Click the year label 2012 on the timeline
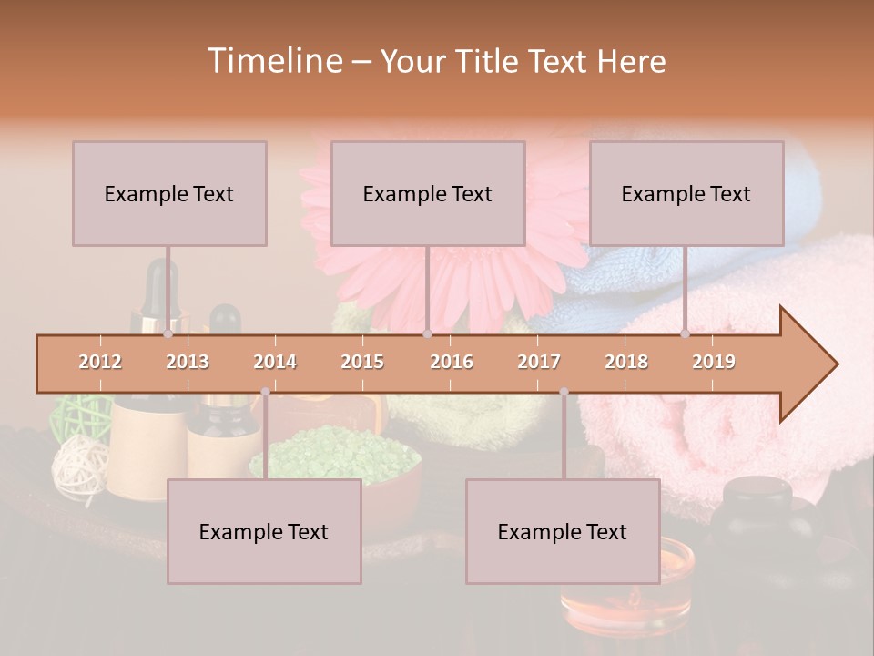(100, 362)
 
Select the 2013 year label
(188, 362)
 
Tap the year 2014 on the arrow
(275, 362)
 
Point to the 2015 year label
(362, 362)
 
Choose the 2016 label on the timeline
(452, 362)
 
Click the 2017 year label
(539, 362)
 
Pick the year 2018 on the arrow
(626, 362)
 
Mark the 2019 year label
(714, 362)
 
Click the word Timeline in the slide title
(272, 61)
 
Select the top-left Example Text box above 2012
(169, 193)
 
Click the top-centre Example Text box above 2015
(428, 193)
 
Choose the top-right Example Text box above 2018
(686, 193)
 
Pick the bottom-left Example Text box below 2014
(264, 531)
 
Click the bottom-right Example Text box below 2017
(563, 531)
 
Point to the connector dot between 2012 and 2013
(168, 334)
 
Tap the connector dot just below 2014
(265, 392)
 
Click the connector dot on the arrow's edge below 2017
(564, 392)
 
